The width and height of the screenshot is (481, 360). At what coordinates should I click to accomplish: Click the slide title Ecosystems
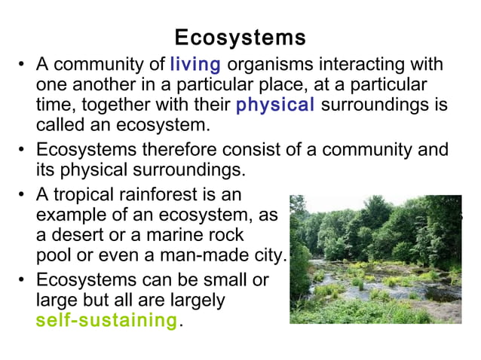click(240, 38)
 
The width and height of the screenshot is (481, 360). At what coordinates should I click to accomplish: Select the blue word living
click(195, 65)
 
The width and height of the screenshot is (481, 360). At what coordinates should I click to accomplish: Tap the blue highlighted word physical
click(275, 105)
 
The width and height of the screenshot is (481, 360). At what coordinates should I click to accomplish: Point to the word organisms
click(262, 66)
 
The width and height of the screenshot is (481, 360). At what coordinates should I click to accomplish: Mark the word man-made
click(199, 255)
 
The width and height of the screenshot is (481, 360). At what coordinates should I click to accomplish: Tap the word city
click(268, 255)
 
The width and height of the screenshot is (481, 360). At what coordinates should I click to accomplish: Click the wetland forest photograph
click(375, 259)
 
